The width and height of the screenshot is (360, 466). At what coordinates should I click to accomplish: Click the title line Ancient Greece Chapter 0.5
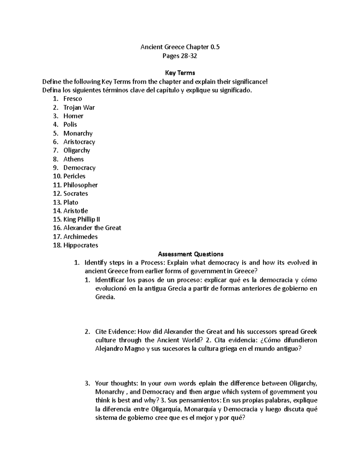pos(180,47)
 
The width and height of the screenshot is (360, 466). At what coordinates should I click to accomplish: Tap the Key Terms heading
pos(180,73)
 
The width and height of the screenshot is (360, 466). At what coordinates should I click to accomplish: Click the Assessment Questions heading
pos(191,254)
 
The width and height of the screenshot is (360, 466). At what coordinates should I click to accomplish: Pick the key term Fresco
pos(73,99)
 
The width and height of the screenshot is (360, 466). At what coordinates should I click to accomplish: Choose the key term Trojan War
pos(79,107)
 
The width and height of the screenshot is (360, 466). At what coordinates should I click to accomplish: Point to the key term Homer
pos(73,116)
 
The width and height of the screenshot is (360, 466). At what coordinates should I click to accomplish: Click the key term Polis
pos(70,125)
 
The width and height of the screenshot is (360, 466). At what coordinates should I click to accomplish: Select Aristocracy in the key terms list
pos(79,142)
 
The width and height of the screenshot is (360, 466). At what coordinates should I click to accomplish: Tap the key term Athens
pos(73,159)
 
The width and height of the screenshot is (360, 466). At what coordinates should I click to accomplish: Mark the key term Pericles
pos(74,176)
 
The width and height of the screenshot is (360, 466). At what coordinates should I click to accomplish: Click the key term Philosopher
pos(80,185)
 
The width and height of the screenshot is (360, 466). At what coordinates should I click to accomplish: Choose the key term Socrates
pos(76,194)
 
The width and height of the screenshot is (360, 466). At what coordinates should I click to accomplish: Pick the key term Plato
pos(71,202)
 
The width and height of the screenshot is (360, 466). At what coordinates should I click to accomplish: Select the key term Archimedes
pos(80,237)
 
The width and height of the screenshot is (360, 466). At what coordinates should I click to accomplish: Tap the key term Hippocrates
pos(81,245)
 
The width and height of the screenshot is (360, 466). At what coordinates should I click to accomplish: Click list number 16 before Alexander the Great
pos(57,228)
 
